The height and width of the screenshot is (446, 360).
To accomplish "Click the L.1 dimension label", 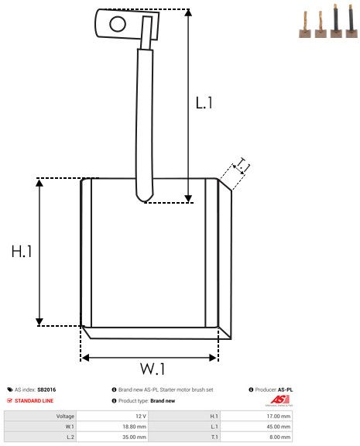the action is [x=204, y=103].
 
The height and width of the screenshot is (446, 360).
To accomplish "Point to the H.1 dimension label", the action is [x=22, y=252].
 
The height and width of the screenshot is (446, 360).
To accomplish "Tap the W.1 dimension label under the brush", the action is [x=153, y=369].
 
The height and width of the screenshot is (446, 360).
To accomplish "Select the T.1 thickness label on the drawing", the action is [x=242, y=166].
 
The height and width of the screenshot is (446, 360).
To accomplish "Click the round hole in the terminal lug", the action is [x=118, y=24].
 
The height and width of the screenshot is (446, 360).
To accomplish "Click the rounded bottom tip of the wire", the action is [x=145, y=198].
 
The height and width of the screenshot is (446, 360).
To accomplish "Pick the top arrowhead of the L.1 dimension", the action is [x=188, y=12].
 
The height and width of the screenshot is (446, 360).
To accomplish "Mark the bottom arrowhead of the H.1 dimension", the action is [x=39, y=322].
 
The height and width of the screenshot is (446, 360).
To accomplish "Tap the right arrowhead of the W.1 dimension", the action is [x=213, y=358].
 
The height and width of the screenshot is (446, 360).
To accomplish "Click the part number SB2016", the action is [x=46, y=389].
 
